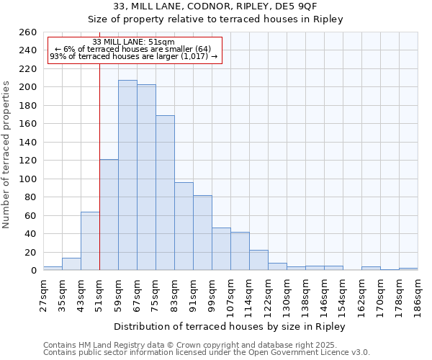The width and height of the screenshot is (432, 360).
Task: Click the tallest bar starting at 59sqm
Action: point(127,175)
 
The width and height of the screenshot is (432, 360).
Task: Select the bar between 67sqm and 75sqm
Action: point(146,177)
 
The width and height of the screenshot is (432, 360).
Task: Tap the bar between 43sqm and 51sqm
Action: point(90,241)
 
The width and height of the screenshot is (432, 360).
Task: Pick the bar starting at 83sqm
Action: point(184,226)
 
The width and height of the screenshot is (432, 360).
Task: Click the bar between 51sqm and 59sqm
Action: point(109,215)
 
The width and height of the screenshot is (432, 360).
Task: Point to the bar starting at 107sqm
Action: point(240,251)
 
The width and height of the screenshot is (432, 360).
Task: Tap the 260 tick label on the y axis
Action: point(28,32)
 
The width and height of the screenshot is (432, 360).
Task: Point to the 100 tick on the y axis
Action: point(28,179)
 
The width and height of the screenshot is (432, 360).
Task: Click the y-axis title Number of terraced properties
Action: point(7,155)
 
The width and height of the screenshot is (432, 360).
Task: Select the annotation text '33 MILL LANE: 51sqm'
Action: point(134,42)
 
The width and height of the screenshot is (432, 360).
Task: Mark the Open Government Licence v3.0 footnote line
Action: point(207,353)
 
